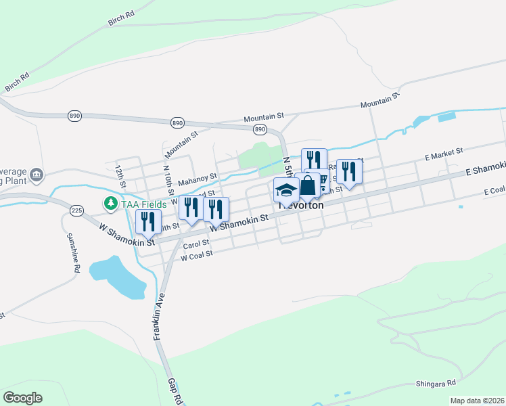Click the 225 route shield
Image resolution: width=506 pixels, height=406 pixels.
coord(76,211)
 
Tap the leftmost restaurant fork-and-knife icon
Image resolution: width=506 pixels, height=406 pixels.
coord(147,221)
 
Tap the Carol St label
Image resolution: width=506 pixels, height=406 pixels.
coord(195,244)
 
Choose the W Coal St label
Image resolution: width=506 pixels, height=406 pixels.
coord(197,254)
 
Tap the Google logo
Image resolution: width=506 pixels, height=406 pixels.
coord(23,397)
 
